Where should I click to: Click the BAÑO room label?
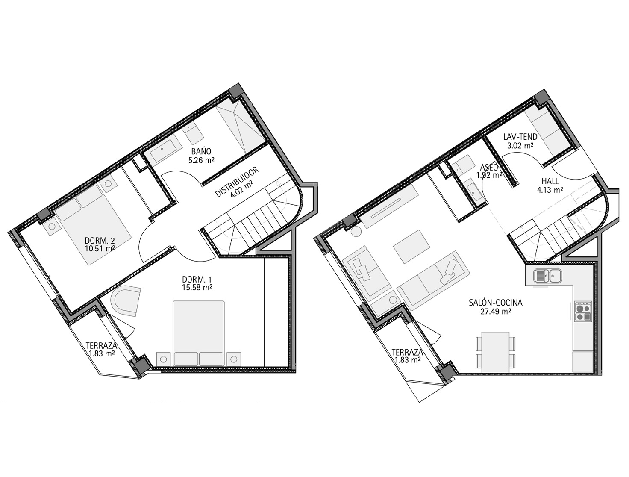(x=201, y=151)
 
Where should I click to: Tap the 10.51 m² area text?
(x=100, y=247)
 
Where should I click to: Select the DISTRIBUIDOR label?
(x=237, y=182)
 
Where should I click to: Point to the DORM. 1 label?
(x=197, y=279)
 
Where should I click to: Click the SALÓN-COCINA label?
(x=496, y=303)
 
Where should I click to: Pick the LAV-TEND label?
(x=520, y=137)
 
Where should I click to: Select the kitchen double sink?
(x=548, y=277)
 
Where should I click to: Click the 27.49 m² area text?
(x=496, y=311)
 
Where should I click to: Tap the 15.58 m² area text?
(x=197, y=287)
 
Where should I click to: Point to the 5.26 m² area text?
(x=201, y=160)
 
